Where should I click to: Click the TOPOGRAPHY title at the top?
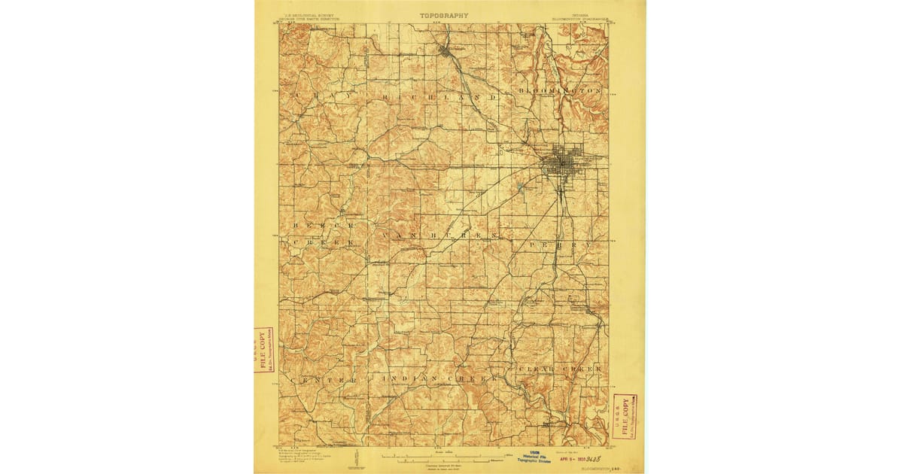coord(444,15)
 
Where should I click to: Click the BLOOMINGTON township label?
coord(561,90)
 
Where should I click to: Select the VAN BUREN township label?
coord(440,236)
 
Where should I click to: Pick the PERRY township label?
coord(550,245)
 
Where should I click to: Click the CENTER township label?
coord(324,381)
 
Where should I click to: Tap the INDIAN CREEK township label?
coord(440,378)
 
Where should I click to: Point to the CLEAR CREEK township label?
coord(561,369)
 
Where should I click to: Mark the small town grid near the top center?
coord(448,52)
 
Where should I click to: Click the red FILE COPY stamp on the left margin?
coord(263,350)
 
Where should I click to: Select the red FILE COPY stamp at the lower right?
coord(625,415)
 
